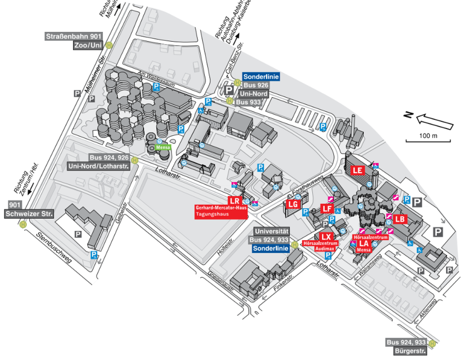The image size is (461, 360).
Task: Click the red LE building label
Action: [x=358, y=170]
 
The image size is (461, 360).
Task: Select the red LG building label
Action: [x=294, y=204]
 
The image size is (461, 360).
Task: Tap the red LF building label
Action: [x=327, y=209]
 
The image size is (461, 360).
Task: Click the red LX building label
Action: [x=326, y=236]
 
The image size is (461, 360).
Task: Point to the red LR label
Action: [x=234, y=201]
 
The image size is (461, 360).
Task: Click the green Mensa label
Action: [x=163, y=147]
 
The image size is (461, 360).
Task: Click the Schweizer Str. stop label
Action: [x=29, y=214]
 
